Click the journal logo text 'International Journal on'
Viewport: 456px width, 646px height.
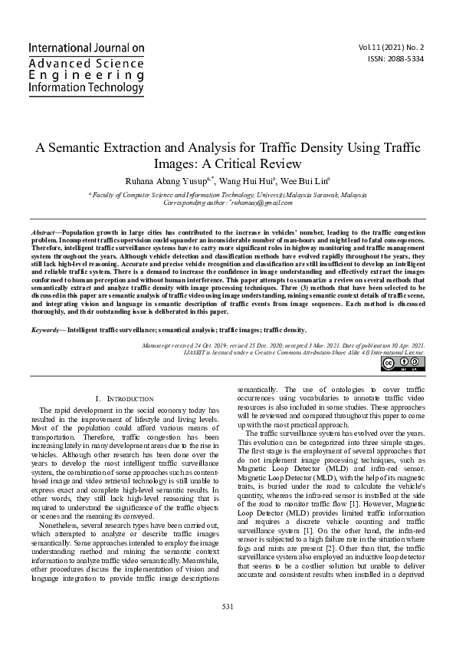86,48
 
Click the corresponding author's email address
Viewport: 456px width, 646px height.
274,205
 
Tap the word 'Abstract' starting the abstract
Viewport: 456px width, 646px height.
45,231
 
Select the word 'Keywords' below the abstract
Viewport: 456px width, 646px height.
48,328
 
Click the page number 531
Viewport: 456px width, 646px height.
228,628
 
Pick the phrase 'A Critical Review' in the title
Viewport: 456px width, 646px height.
251,164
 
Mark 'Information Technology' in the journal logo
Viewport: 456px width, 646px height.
86,88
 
